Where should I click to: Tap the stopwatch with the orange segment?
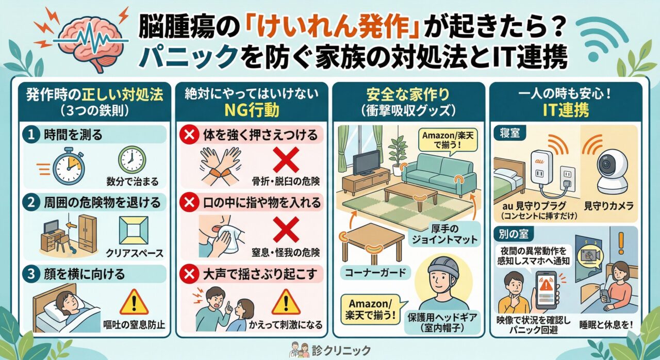pyautogui.click(x=69, y=166)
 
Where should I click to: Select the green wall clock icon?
pyautogui.click(x=132, y=160)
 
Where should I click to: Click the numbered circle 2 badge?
pyautogui.click(x=31, y=202)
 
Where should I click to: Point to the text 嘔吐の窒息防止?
pyautogui.click(x=134, y=324)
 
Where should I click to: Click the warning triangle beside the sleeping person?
pyautogui.click(x=134, y=303)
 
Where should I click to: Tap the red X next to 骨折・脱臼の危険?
pyautogui.click(x=286, y=160)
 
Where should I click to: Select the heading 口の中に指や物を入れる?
pyautogui.click(x=262, y=203)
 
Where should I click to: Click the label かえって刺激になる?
pyautogui.click(x=286, y=324)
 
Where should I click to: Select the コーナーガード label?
pyautogui.click(x=375, y=272)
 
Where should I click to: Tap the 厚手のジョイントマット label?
pyautogui.click(x=444, y=234)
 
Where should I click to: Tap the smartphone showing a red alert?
pyautogui.click(x=546, y=290)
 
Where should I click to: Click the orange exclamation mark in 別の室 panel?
pyautogui.click(x=621, y=243)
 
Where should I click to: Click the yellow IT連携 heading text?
pyautogui.click(x=566, y=110)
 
